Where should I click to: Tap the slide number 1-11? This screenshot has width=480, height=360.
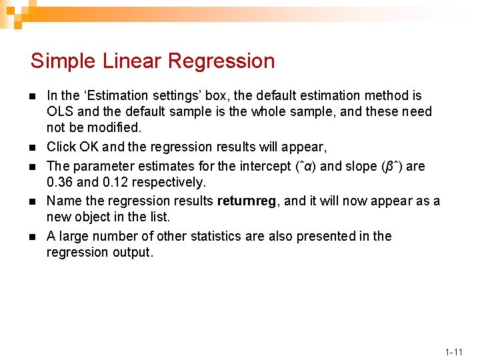(x=454, y=351)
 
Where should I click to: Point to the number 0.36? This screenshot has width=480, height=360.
(x=60, y=182)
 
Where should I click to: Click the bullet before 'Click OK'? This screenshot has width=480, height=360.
(x=33, y=147)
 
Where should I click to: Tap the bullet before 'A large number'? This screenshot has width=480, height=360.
(x=33, y=237)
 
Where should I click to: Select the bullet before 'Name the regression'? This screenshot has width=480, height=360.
(x=33, y=201)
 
